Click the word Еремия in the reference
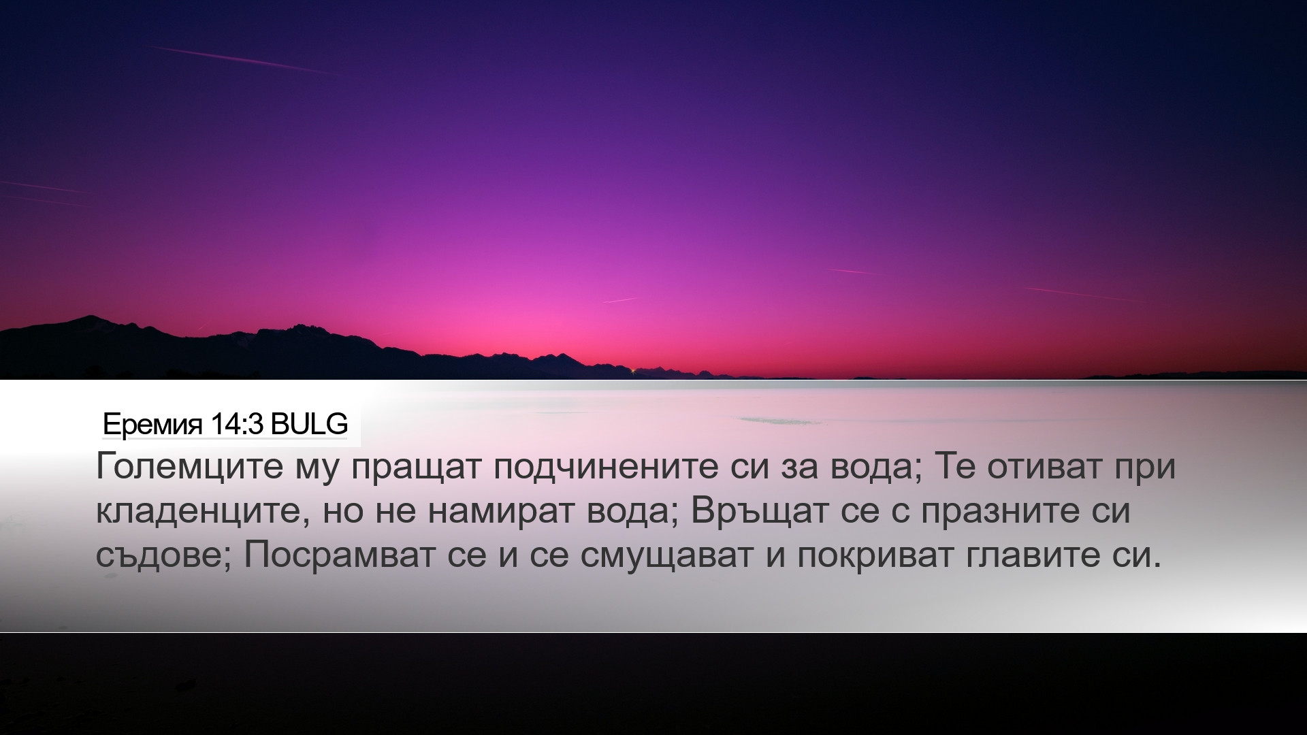152,425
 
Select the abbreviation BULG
310,424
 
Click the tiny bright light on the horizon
634,371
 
